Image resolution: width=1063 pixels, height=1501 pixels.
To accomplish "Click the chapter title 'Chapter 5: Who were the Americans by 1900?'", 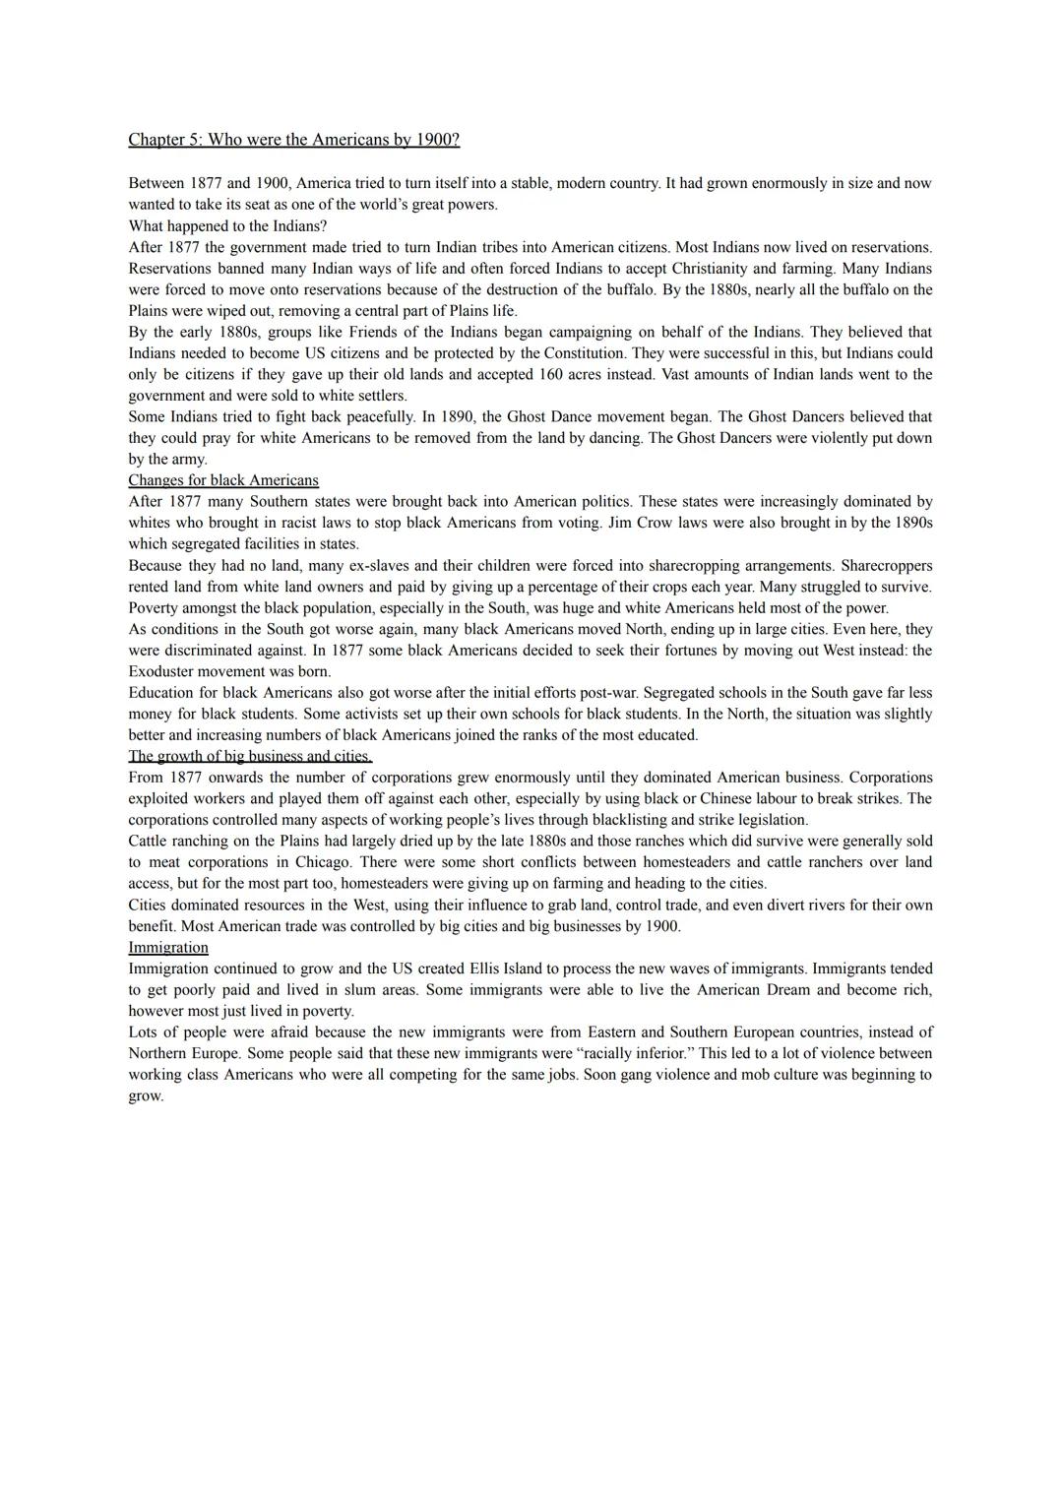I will click(293, 140).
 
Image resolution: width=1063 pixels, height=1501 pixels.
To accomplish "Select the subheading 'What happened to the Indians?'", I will click(227, 226).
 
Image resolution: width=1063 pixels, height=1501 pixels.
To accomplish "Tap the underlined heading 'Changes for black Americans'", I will click(223, 480).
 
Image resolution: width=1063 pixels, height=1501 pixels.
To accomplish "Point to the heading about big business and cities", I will click(250, 756).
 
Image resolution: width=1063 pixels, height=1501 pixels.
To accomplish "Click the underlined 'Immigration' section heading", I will click(168, 947).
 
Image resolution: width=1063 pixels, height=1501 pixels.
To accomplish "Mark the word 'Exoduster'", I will click(160, 671).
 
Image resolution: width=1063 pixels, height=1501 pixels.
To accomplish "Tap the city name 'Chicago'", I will click(322, 862).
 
